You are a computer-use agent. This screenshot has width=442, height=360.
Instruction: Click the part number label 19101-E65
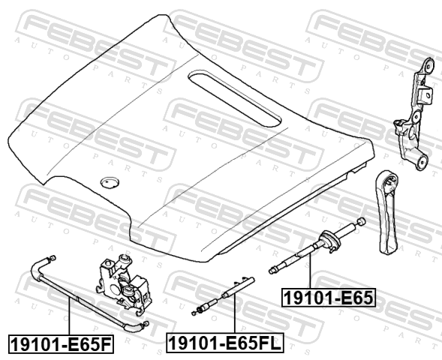pyautogui.click(x=329, y=297)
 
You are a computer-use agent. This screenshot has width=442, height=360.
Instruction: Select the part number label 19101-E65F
pyautogui.click(x=62, y=343)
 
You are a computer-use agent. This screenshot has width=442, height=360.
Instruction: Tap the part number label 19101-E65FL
pyautogui.click(x=225, y=343)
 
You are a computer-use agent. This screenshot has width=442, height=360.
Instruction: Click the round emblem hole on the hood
pyautogui.click(x=110, y=182)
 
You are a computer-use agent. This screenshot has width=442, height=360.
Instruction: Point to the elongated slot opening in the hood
pyautogui.click(x=235, y=98)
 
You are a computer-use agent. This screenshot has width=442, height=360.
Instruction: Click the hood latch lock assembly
pyautogui.click(x=123, y=284)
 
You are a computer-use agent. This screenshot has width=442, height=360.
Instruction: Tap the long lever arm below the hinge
pyautogui.click(x=386, y=213)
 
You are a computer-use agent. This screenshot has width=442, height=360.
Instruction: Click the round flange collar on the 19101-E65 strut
pyautogui.click(x=329, y=240)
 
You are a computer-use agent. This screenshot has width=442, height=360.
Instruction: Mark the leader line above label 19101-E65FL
pyautogui.click(x=234, y=313)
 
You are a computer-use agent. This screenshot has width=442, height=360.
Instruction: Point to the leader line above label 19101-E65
pyautogui.click(x=310, y=271)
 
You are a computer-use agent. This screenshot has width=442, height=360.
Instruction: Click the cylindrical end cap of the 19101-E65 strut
pyautogui.click(x=362, y=222)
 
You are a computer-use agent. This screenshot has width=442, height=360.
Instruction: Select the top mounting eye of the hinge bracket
pyautogui.click(x=429, y=65)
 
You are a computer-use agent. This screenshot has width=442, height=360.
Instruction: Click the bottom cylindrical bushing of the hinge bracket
pyautogui.click(x=422, y=163)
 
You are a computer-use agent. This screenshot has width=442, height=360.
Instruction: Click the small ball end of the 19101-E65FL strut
pyautogui.click(x=194, y=313)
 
